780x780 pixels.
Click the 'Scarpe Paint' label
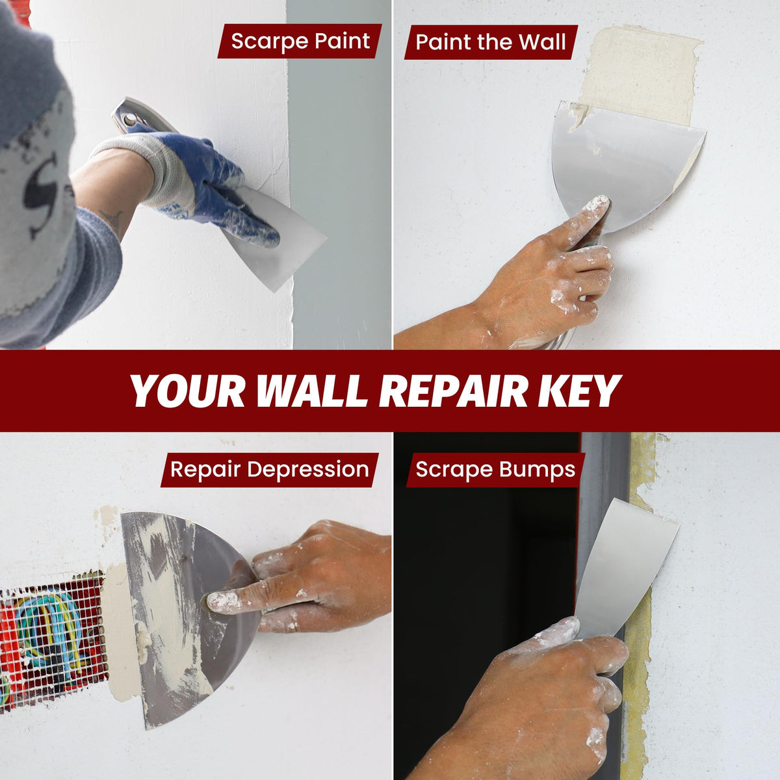(300, 41)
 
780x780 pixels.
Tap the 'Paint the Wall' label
(491, 42)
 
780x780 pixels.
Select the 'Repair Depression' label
(270, 469)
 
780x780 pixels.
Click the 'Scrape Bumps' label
(495, 469)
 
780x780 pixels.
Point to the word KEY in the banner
(579, 391)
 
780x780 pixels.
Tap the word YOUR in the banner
(188, 391)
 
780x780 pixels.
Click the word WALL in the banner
(312, 391)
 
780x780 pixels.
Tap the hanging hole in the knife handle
(130, 120)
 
